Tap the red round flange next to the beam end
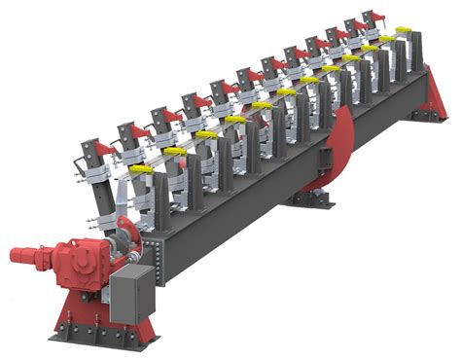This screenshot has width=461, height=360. [124, 238]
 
